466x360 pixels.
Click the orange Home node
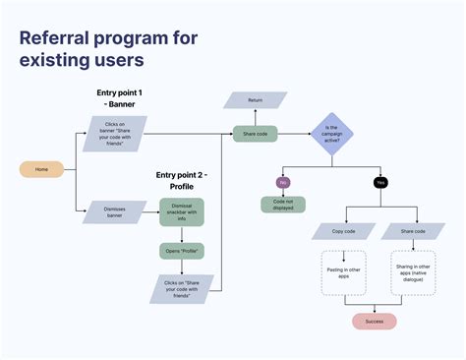tap(42, 169)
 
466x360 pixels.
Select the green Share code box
tap(253, 134)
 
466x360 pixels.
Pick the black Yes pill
tap(379, 182)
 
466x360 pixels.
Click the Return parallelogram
tap(254, 99)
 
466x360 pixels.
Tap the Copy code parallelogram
tap(344, 231)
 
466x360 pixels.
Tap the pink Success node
tap(374, 321)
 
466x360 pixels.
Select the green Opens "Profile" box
tap(181, 251)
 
